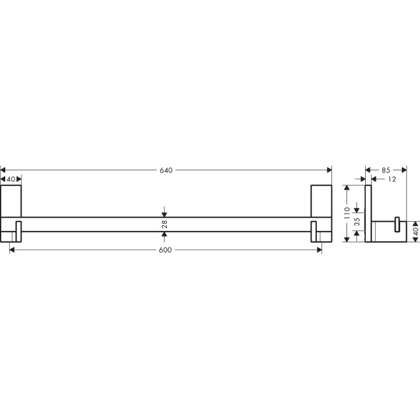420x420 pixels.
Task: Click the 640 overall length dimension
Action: pos(166,170)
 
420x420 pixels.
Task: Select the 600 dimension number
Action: pos(166,250)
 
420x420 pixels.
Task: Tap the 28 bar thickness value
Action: pos(165,224)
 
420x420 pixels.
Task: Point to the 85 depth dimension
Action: pos(386,170)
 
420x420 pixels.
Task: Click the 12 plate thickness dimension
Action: pos(391,179)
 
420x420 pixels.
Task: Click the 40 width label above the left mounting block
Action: pos(11,179)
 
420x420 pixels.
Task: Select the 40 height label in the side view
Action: pos(415,232)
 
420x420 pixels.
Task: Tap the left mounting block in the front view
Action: pos(11,201)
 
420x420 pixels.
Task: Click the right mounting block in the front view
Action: pos(321,201)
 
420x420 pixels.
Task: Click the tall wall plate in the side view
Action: pos(368,213)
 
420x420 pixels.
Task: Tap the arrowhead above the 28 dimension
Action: pos(165,213)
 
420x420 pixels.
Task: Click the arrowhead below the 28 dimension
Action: pos(165,235)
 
